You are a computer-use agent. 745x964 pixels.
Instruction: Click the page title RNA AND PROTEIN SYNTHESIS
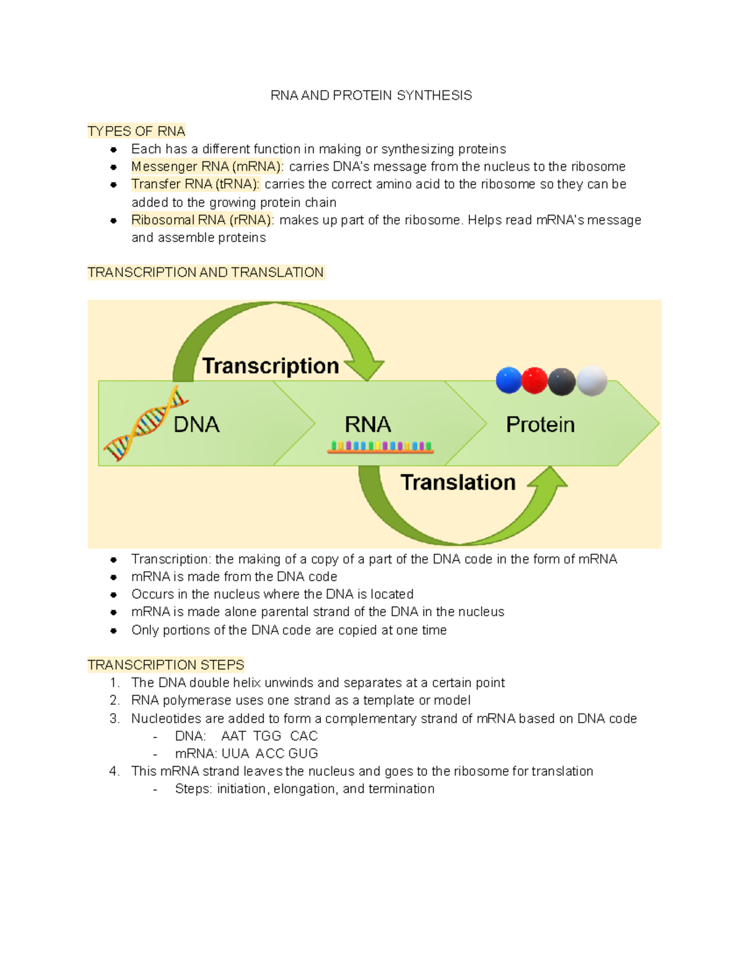(371, 96)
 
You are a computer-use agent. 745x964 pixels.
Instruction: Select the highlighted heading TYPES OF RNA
(137, 132)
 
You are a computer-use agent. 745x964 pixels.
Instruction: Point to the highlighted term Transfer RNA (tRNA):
(196, 184)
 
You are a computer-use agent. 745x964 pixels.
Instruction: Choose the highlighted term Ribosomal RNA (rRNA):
(202, 220)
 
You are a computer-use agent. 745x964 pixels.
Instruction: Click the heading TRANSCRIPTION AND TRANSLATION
(205, 273)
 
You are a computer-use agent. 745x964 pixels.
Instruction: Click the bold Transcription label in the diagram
(271, 366)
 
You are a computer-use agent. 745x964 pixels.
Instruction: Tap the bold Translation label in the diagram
(458, 482)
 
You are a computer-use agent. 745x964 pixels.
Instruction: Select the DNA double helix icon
(144, 423)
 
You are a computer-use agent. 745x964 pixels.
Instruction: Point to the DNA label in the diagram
(197, 425)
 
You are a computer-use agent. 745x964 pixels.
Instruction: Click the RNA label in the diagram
(368, 425)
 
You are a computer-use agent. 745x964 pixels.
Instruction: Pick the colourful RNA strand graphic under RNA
(381, 447)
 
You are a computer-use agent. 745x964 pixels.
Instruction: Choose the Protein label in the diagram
(540, 425)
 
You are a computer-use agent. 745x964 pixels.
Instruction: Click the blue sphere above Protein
(508, 381)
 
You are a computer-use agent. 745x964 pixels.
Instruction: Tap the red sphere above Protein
(535, 381)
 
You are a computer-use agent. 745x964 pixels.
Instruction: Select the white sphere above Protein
(592, 381)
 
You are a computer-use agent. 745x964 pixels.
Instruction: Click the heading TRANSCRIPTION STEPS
(166, 665)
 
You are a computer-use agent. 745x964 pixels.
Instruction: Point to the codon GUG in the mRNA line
(303, 754)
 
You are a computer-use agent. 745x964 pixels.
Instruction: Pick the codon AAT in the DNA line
(233, 736)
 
